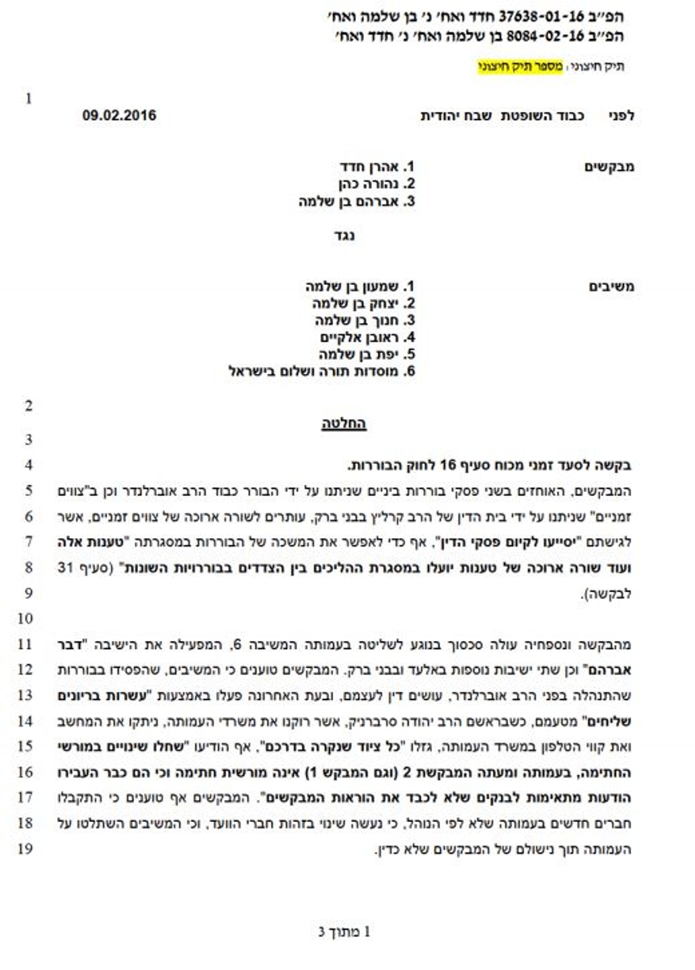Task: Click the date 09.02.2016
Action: pyautogui.click(x=119, y=116)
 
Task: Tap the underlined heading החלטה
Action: pyautogui.click(x=344, y=423)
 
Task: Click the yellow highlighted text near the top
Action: pyautogui.click(x=520, y=67)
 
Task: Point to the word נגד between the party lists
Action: pyautogui.click(x=344, y=235)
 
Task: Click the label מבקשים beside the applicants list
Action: pyautogui.click(x=609, y=167)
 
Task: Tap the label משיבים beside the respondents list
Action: pyautogui.click(x=612, y=287)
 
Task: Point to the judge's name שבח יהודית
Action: pyautogui.click(x=456, y=116)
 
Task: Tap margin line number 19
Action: pyautogui.click(x=25, y=848)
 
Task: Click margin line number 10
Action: pyautogui.click(x=25, y=619)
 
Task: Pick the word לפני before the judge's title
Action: pyautogui.click(x=622, y=116)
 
